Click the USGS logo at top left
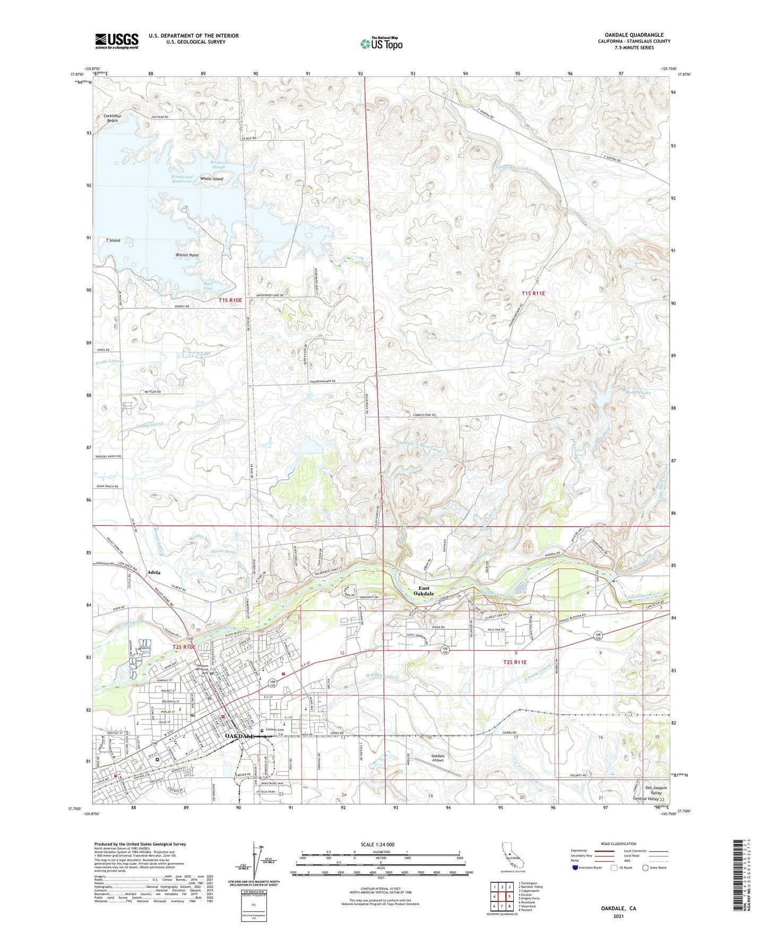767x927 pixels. tap(117, 41)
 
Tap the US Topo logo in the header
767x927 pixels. tap(381, 44)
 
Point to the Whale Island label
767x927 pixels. tap(211, 179)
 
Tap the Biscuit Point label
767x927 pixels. tap(187, 255)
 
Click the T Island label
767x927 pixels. tap(113, 241)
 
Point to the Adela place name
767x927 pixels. tap(154, 573)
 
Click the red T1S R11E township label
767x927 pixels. tap(533, 294)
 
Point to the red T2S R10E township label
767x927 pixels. tap(184, 647)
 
